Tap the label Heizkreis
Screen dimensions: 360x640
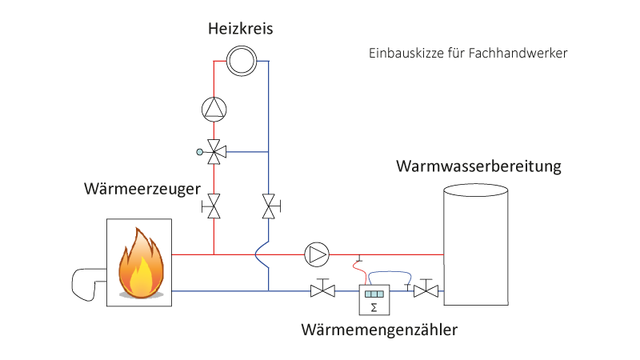click(241, 30)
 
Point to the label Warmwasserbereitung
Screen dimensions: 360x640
click(478, 167)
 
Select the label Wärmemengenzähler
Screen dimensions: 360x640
click(380, 329)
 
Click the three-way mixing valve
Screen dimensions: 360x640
click(214, 150)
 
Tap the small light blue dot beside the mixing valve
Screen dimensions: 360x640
click(199, 150)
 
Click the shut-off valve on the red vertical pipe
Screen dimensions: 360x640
click(214, 205)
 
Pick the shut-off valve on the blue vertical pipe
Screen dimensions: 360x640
click(269, 205)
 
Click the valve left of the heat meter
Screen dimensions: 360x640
click(322, 291)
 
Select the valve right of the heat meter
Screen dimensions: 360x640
click(426, 291)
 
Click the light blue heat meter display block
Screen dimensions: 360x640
click(374, 294)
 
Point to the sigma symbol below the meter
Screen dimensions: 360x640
click(374, 307)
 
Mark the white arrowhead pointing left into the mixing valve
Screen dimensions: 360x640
click(223, 150)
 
